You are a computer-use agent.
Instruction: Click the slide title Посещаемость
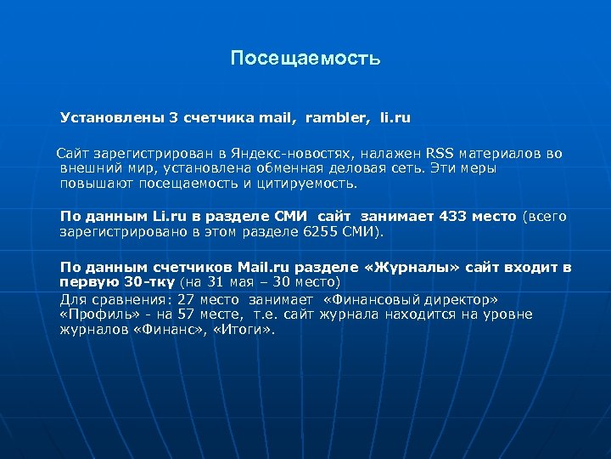pyautogui.click(x=305, y=59)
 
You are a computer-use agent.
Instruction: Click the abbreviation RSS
pyautogui.click(x=440, y=154)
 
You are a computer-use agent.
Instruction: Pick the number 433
pyautogui.click(x=455, y=216)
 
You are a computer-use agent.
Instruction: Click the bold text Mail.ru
pyautogui.click(x=264, y=267)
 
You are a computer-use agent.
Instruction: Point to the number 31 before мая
pyautogui.click(x=217, y=281)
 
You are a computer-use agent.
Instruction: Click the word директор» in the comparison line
pyautogui.click(x=465, y=299)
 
